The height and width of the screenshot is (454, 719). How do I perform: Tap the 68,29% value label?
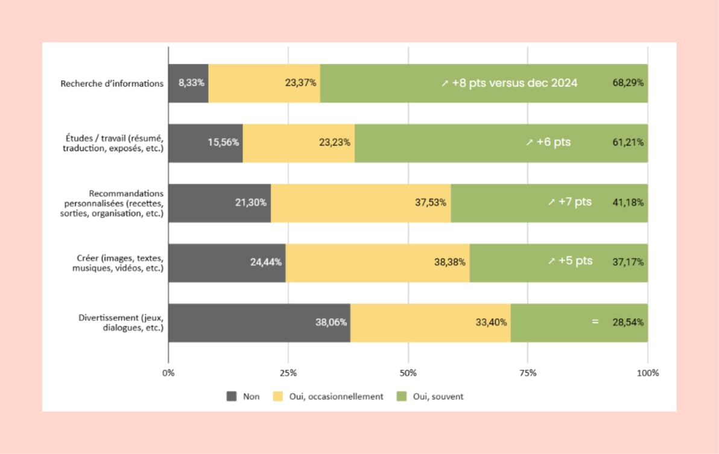click(628, 83)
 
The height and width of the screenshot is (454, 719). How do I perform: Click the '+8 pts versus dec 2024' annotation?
click(509, 83)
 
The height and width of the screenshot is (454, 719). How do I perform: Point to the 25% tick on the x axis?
click(288, 373)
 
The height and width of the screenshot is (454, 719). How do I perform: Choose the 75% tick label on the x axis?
click(527, 373)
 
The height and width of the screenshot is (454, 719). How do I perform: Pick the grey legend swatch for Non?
click(232, 397)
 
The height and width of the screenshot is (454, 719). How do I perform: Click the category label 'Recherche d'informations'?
click(112, 84)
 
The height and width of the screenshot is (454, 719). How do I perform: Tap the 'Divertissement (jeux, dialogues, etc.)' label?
click(121, 323)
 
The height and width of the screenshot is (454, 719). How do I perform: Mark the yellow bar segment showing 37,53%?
click(361, 203)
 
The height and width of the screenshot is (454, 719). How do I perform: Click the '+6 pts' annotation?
click(548, 143)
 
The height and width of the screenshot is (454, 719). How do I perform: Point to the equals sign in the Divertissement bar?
click(595, 322)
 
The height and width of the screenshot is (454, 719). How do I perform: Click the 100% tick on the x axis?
click(648, 373)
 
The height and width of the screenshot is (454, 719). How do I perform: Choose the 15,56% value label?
click(223, 143)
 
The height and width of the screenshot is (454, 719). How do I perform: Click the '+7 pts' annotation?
click(569, 202)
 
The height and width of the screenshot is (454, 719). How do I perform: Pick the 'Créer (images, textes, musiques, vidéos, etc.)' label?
click(118, 263)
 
